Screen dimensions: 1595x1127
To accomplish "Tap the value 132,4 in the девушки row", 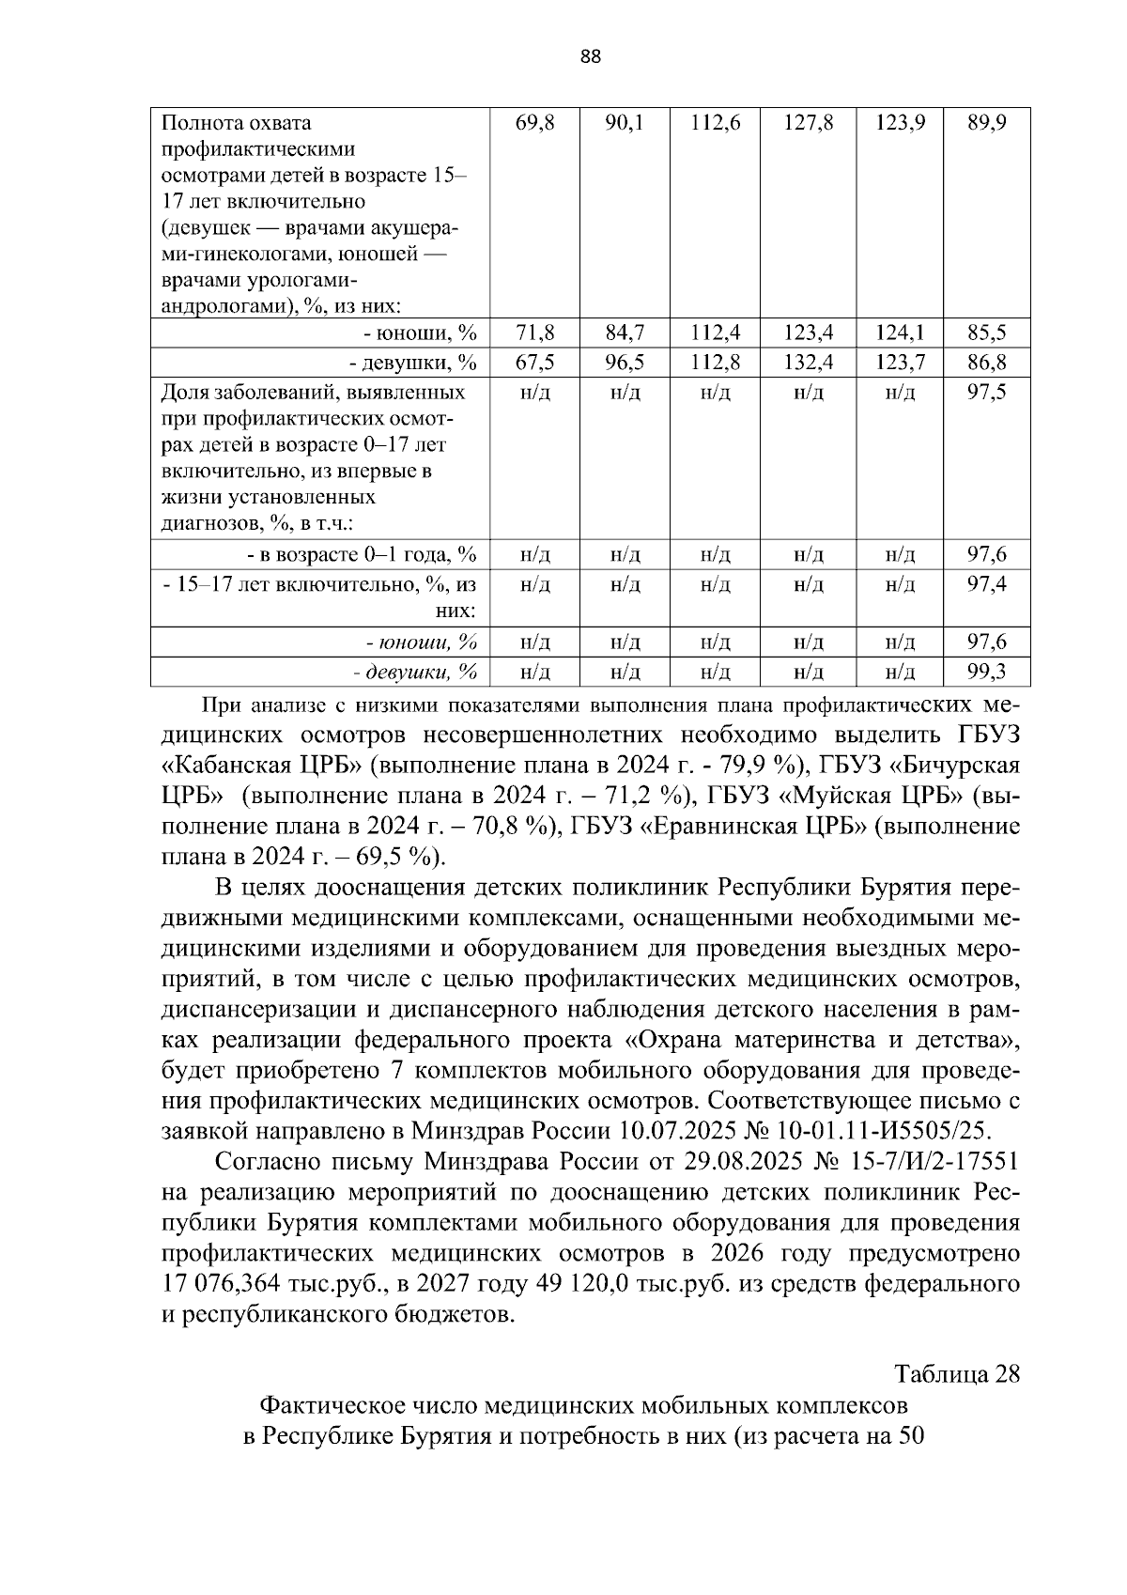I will pos(808,363).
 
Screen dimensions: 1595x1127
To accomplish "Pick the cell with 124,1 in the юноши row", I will pos(900,333).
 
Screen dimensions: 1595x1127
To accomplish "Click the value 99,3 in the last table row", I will pos(987,672).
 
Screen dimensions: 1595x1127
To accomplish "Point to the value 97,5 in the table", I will pos(987,393).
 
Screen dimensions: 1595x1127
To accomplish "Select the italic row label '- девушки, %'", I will pos(415,672).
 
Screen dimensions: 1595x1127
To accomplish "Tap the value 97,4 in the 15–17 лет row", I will pos(987,585).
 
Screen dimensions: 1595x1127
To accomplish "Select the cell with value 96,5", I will pos(625,363).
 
